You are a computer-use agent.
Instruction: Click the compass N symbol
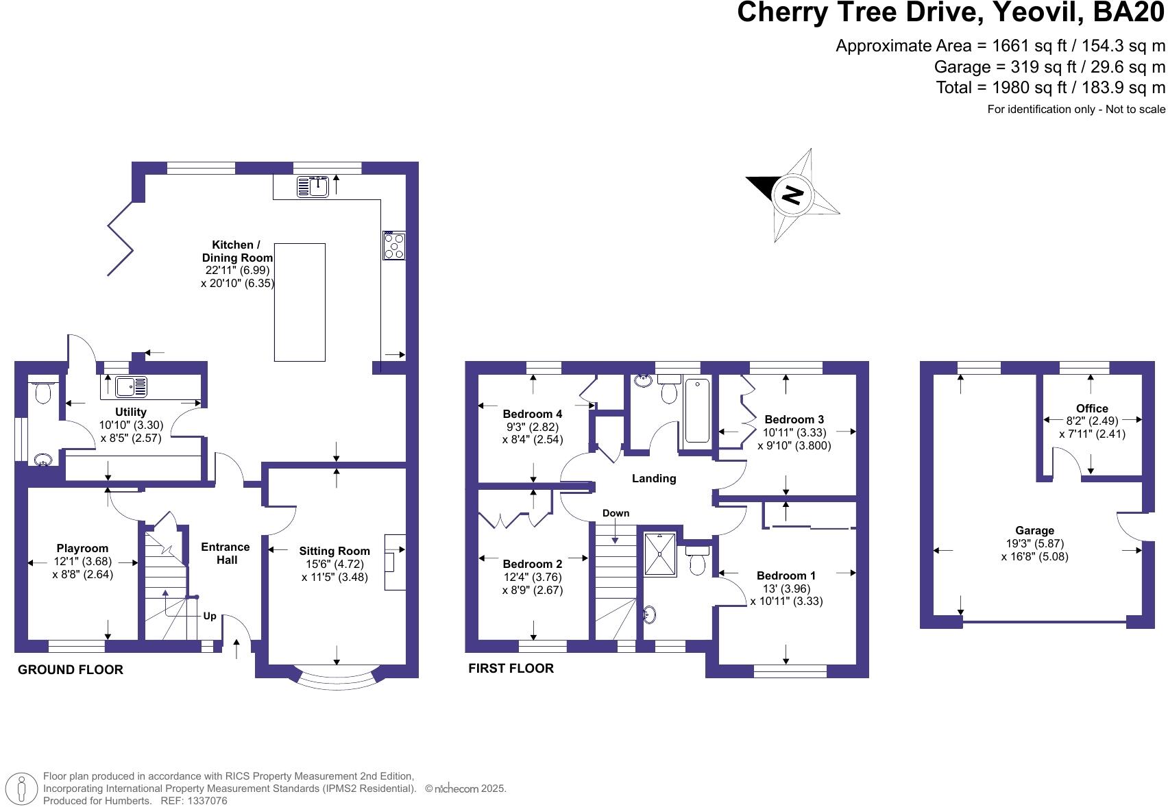point(792,195)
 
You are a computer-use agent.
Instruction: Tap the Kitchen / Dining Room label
point(236,251)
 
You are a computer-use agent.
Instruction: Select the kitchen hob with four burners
point(394,245)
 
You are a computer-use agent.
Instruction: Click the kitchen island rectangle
point(300,302)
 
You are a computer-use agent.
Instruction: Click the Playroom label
point(82,548)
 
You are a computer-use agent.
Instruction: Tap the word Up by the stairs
point(210,616)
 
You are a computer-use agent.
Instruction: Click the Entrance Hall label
point(226,553)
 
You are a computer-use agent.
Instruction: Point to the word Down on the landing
point(616,513)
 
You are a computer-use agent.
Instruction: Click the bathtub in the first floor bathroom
point(697,410)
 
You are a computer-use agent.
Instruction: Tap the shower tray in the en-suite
point(659,554)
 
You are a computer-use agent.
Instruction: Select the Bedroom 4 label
point(532,414)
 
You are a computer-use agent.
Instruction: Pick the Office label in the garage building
point(1092,408)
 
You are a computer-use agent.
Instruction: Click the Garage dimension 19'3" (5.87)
point(1034,543)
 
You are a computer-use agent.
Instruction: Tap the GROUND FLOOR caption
point(71,670)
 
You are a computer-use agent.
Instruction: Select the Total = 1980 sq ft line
point(1050,88)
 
